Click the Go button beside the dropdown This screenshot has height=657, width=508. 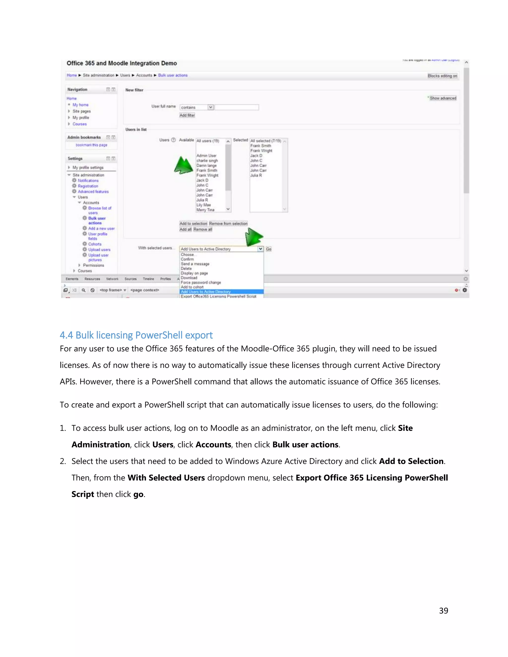point(268,249)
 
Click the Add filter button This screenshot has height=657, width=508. point(187,115)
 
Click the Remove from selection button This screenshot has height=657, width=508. point(228,224)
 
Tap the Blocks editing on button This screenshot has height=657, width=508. point(442,76)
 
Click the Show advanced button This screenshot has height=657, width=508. point(443,98)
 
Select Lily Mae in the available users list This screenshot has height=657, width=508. point(204,205)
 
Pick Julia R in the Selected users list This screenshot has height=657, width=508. point(256,175)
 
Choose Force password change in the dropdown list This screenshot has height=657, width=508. point(201,282)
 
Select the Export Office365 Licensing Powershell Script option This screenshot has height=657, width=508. point(219,296)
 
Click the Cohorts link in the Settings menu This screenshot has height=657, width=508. point(95,244)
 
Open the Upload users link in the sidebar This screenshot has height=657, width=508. point(99,250)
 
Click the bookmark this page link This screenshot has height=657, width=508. point(92,145)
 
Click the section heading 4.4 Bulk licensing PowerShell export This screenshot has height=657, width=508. point(136,335)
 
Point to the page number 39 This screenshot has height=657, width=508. point(443,610)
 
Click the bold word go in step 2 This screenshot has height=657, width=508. point(138,494)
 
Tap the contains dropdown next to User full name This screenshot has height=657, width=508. point(197,107)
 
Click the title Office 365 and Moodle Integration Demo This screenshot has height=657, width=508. point(122,63)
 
